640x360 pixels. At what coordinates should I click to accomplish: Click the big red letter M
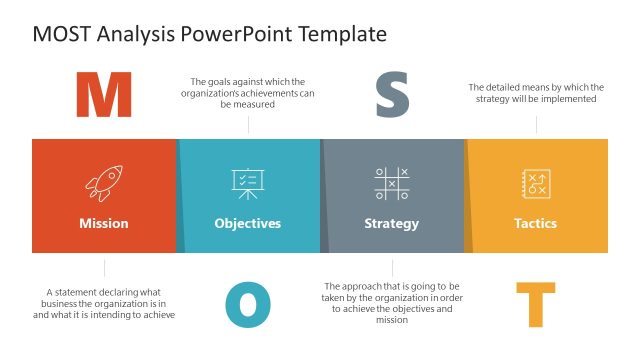coord(104,96)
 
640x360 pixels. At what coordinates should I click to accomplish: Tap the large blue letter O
coord(248,304)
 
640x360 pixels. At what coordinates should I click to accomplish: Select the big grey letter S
coord(392,96)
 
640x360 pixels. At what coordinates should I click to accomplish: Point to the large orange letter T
coord(535,304)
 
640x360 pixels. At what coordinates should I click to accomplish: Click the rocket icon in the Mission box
coord(104,183)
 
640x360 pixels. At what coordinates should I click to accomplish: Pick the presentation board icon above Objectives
coord(247,183)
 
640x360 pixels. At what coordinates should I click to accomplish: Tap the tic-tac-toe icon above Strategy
coord(392,183)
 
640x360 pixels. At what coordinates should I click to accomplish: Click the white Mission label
coord(104,223)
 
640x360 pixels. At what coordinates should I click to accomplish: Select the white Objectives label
coord(248,223)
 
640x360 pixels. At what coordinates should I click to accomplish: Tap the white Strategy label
coord(392,223)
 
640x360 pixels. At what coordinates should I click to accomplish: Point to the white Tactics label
coord(535,223)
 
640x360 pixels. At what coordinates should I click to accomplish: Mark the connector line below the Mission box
coord(104,267)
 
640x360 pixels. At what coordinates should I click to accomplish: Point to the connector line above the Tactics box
coord(536,125)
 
